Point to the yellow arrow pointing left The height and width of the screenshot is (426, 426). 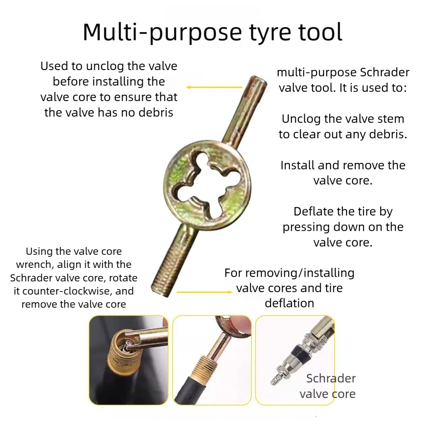214,87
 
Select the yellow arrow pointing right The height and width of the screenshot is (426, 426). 205,292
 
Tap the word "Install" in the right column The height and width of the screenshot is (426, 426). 297,165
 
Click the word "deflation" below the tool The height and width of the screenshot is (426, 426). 290,303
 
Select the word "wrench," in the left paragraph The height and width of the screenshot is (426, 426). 35,265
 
